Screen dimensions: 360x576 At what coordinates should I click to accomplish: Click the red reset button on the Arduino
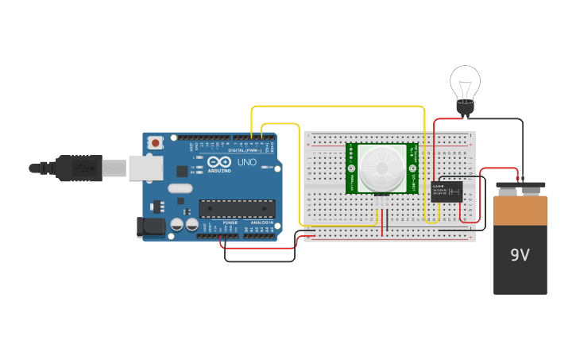pyautogui.click(x=156, y=143)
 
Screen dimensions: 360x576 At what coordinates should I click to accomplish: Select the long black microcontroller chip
pyautogui.click(x=237, y=209)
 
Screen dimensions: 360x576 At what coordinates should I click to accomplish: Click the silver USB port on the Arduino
pyautogui.click(x=145, y=168)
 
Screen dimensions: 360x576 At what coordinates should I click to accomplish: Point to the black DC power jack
pyautogui.click(x=150, y=227)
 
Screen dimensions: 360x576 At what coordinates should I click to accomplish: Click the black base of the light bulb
pyautogui.click(x=465, y=108)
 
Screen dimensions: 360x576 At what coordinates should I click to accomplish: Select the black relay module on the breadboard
pyautogui.click(x=447, y=192)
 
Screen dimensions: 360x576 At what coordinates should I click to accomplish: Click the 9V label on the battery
pyautogui.click(x=520, y=255)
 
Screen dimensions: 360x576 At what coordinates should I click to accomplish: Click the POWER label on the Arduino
pyautogui.click(x=230, y=223)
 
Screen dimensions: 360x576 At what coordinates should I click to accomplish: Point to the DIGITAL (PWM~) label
pyautogui.click(x=242, y=149)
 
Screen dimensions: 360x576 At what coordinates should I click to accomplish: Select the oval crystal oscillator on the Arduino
pyautogui.click(x=180, y=188)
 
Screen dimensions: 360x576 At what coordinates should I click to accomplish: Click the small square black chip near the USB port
pyautogui.click(x=182, y=171)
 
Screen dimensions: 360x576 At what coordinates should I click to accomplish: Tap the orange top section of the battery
pyautogui.click(x=520, y=211)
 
